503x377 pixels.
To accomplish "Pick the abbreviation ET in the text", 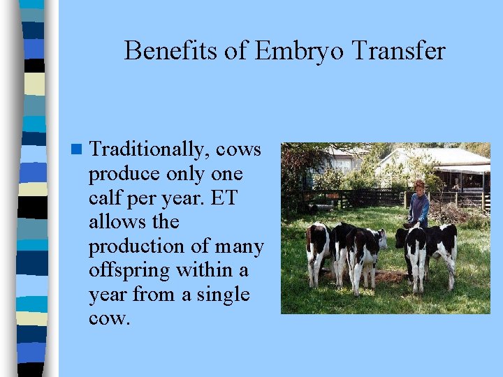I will (223, 198).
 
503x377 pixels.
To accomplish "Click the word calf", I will (105, 198).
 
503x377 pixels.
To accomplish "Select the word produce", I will (124, 175).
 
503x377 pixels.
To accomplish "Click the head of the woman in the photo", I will (419, 186).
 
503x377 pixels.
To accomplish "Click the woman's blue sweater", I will (419, 209).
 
